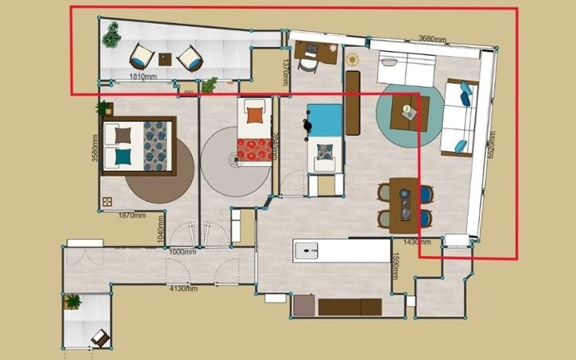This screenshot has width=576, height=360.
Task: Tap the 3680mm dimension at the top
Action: [432, 37]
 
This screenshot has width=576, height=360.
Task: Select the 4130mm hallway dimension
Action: [183, 288]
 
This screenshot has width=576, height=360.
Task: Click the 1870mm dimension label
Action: [131, 215]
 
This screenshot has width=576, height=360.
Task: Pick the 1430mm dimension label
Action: [417, 241]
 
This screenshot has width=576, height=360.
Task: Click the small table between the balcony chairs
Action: [165, 58]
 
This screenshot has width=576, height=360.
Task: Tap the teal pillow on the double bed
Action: [123, 157]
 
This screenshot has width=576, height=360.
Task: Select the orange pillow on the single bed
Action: [254, 114]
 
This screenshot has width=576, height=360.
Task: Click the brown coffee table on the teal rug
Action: [410, 112]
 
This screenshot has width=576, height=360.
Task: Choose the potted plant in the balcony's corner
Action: [111, 33]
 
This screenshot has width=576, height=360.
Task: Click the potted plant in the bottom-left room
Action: [73, 301]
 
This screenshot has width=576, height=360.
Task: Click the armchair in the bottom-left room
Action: [100, 338]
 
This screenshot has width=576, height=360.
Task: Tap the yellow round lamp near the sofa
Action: [353, 58]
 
